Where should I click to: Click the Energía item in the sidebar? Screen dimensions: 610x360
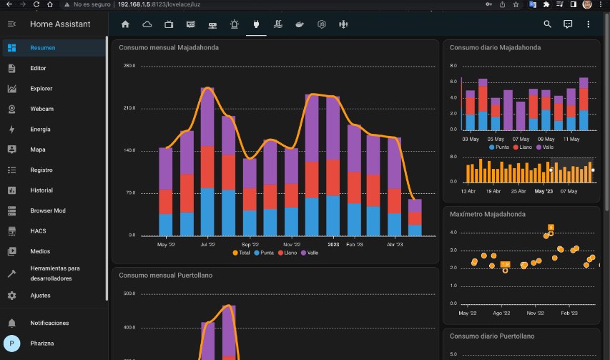pos(40,130)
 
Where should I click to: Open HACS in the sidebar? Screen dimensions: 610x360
pos(38,230)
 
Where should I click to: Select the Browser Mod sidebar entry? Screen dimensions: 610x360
pos(48,210)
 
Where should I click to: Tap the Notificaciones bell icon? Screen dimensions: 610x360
pos(11,323)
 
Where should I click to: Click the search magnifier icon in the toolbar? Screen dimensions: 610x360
pos(547,24)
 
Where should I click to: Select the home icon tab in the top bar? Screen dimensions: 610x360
pos(125,24)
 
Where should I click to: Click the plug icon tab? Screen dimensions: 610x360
pos(256,24)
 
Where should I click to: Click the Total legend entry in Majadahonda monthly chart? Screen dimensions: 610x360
pos(241,253)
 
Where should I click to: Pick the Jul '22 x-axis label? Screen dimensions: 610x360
pos(207,244)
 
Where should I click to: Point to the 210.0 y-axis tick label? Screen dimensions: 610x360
pos(129,108)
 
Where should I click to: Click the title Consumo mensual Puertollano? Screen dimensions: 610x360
pos(166,275)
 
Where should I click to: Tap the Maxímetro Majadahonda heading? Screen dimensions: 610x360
pos(488,214)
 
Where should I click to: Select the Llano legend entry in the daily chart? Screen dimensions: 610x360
pos(523,147)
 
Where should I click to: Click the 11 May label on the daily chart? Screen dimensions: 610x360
pos(571,139)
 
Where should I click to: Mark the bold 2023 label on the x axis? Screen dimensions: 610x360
pos(333,244)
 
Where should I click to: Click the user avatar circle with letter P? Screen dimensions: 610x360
pos(11,344)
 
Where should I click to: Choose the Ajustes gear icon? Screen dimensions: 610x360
pos(11,296)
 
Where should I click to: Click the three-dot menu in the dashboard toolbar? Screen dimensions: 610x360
pos(589,24)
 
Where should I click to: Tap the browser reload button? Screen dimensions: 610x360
pos(36,4)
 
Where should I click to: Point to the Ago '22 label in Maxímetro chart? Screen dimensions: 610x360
pos(501,313)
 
